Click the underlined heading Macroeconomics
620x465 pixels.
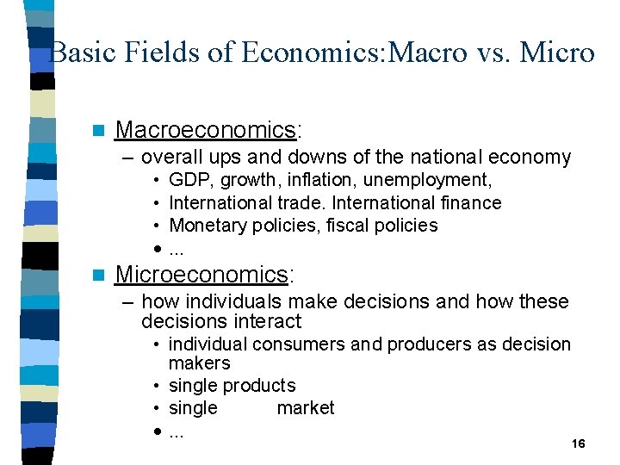(x=205, y=130)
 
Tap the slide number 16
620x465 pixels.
(x=578, y=443)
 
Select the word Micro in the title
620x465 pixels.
(x=557, y=53)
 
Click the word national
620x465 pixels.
(x=454, y=157)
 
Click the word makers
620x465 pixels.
(x=199, y=363)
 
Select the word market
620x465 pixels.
(x=306, y=408)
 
